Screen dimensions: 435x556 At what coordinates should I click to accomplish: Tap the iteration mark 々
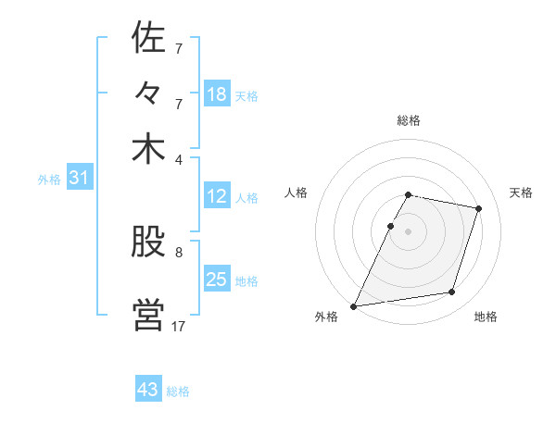[148, 95]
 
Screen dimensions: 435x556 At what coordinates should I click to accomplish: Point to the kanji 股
[148, 244]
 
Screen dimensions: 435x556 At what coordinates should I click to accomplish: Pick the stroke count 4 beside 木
[179, 159]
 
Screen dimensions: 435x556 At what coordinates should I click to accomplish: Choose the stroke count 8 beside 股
[179, 252]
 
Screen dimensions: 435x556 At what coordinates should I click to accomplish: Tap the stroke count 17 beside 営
[179, 326]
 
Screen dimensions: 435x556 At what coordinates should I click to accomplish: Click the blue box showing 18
[217, 94]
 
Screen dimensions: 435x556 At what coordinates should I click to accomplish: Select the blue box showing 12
[217, 196]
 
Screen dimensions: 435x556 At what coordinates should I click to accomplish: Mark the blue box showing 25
[217, 280]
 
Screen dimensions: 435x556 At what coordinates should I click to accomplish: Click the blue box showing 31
[79, 179]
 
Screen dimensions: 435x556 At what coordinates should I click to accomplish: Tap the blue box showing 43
[148, 390]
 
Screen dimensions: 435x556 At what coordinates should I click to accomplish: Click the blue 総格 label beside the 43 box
[178, 391]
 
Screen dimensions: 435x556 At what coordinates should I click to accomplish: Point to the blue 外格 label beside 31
[49, 180]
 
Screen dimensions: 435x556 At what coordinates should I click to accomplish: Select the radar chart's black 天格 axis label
[521, 193]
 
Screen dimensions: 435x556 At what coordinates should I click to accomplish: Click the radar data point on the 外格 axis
[354, 305]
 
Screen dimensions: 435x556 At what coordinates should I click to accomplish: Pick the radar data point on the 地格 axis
[452, 292]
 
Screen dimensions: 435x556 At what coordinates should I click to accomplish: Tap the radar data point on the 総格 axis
[409, 194]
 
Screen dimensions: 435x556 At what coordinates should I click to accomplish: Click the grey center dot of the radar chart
[409, 230]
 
